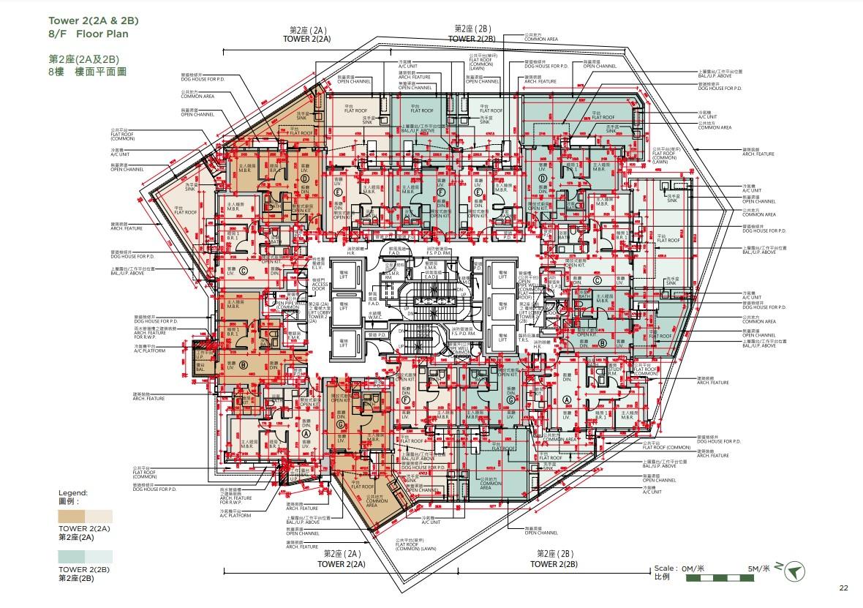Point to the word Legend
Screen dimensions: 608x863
[73, 493]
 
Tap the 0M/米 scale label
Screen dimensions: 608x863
[690, 568]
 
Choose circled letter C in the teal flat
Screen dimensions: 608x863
[598, 279]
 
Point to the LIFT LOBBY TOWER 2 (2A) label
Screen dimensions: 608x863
[317, 311]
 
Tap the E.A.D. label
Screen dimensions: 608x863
[430, 277]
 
